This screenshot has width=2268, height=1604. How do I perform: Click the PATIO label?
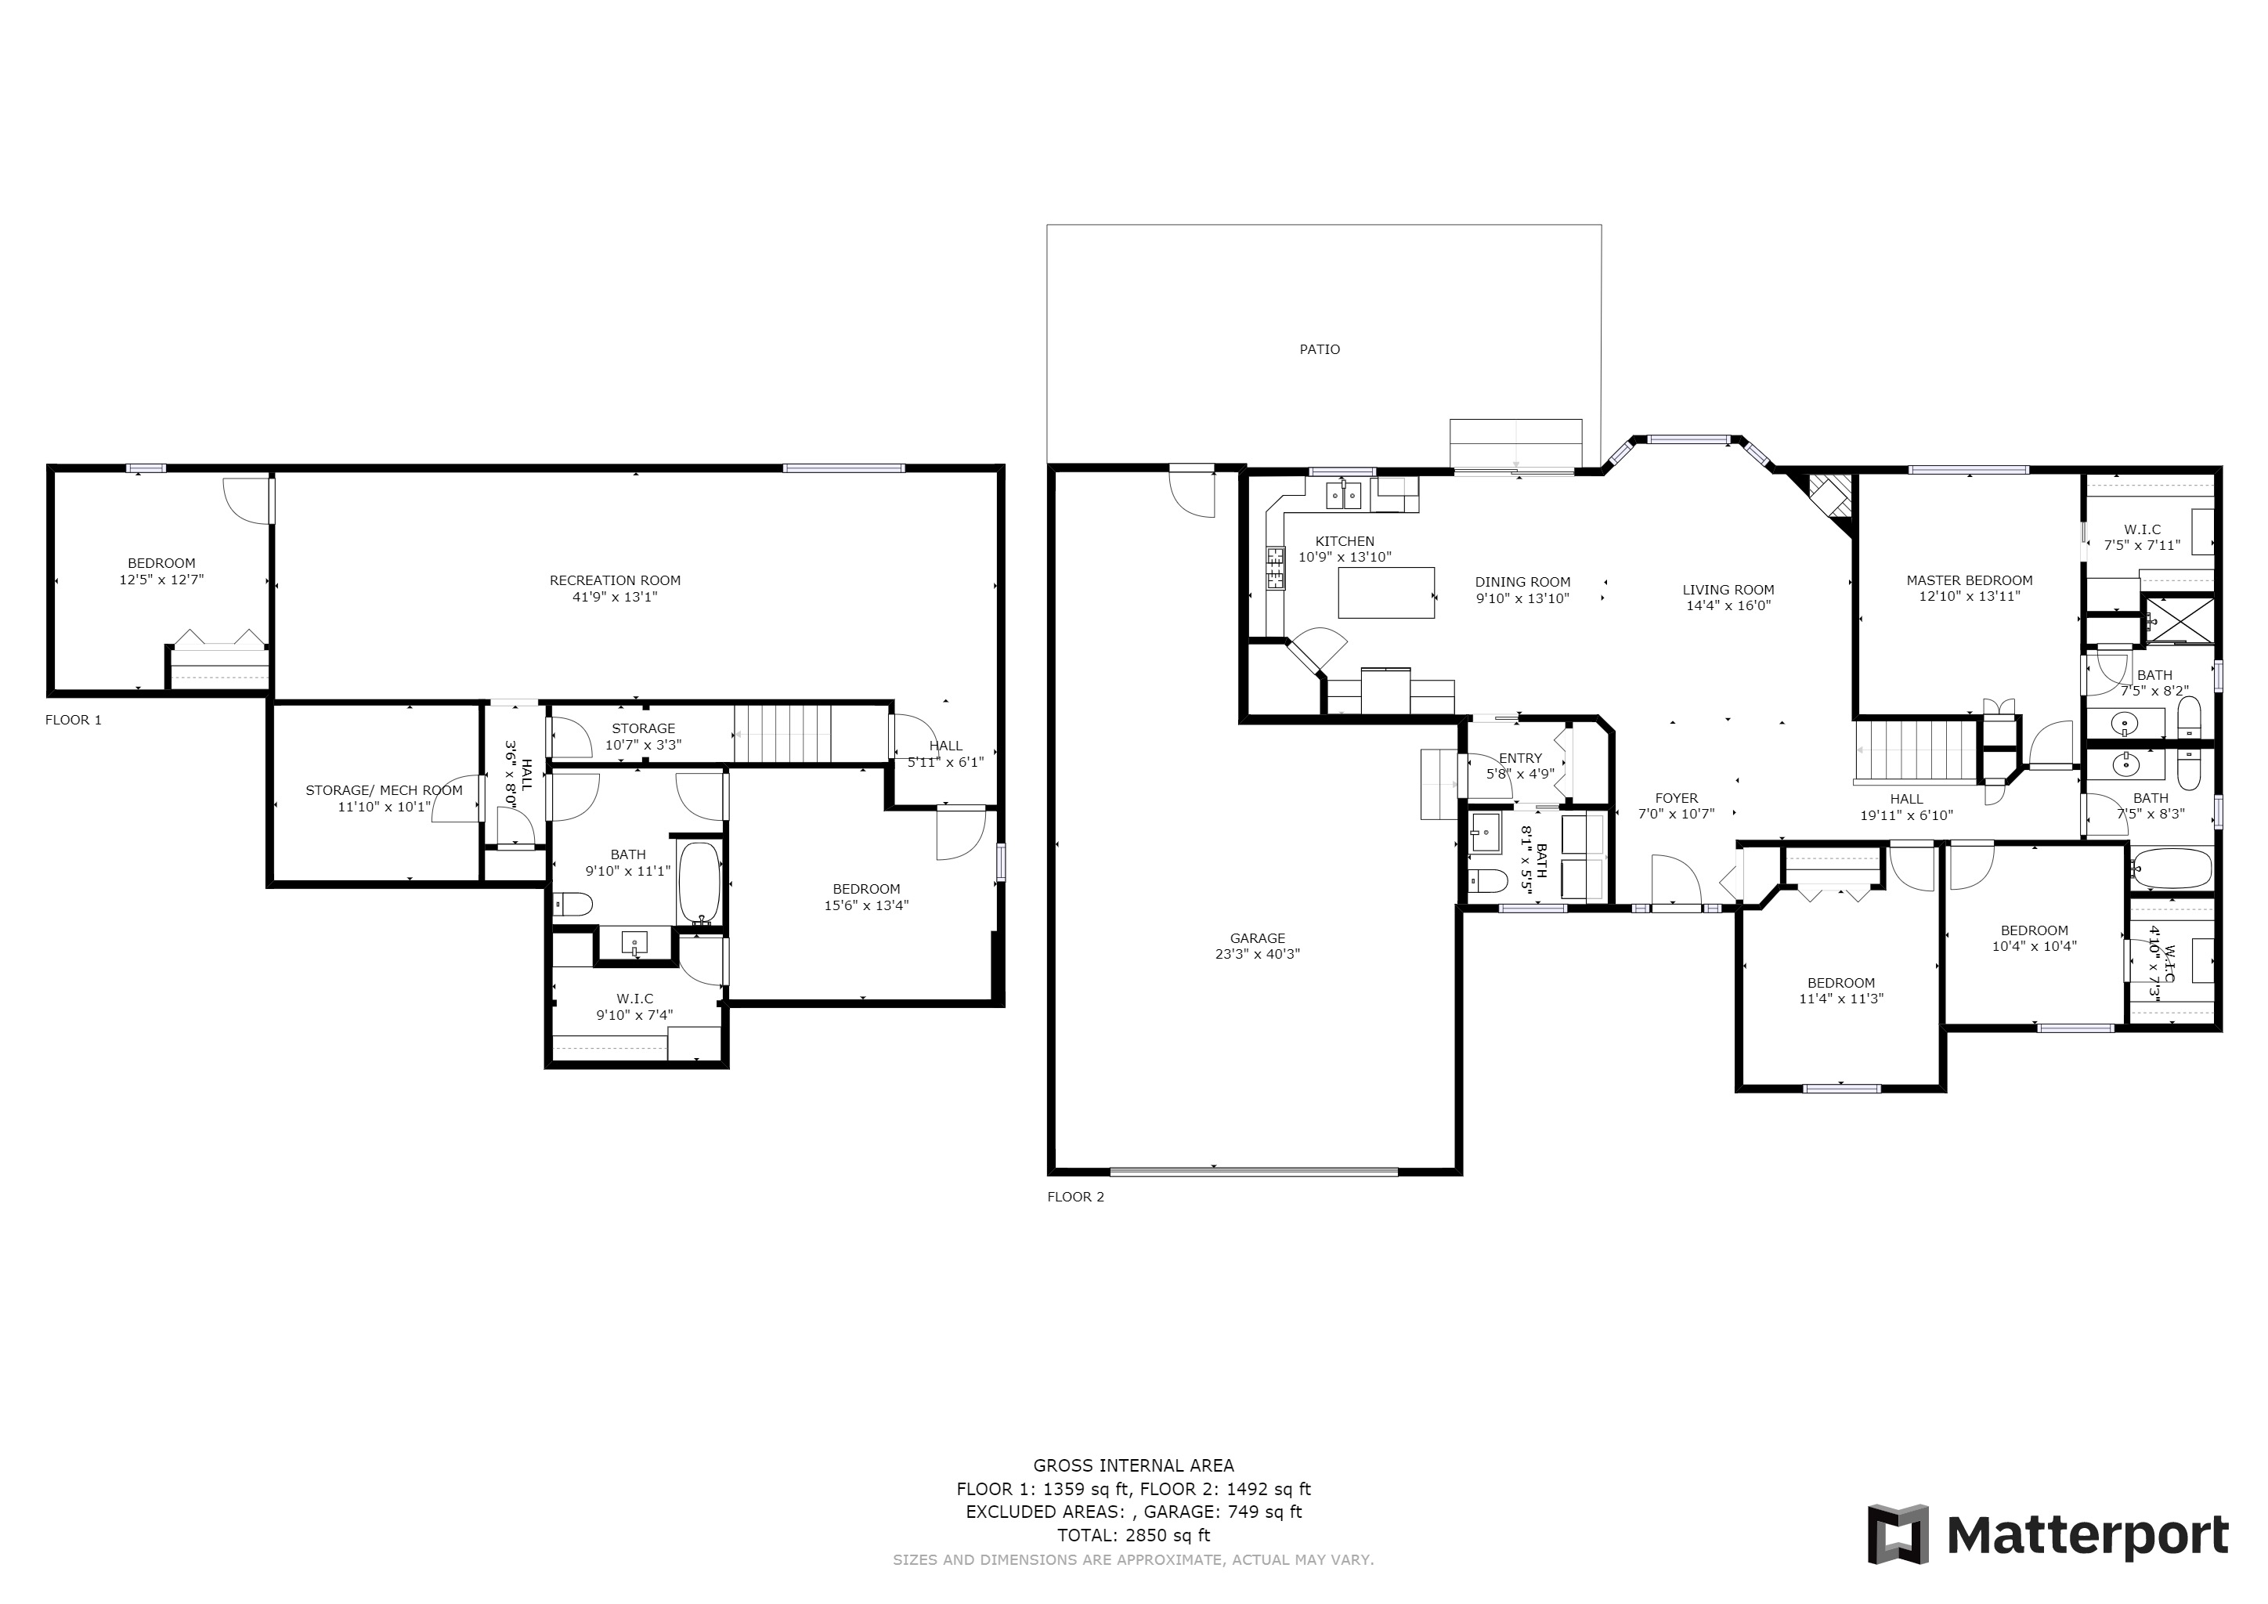(x=1320, y=349)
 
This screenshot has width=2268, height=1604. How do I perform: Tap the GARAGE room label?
(x=1258, y=938)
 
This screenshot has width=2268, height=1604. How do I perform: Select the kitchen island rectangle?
(x=1386, y=593)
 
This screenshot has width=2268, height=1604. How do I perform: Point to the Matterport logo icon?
(x=1898, y=1534)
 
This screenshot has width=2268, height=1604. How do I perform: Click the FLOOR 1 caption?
(x=73, y=720)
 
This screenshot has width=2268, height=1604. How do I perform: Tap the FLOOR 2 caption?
(x=1076, y=1197)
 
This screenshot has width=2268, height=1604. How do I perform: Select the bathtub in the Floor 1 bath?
(x=699, y=883)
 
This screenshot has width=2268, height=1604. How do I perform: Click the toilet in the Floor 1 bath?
(x=572, y=904)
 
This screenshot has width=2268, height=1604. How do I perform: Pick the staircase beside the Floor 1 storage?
(x=782, y=734)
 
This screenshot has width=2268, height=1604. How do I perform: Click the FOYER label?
(x=1676, y=798)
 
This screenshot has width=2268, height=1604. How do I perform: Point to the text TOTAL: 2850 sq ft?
(x=1133, y=1535)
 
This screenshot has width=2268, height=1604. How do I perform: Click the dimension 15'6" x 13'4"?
(x=866, y=905)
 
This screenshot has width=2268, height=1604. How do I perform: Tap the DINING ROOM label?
(x=1522, y=583)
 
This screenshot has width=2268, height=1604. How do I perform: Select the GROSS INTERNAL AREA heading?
(x=1133, y=1465)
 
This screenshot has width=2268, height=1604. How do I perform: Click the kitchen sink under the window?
(x=1343, y=495)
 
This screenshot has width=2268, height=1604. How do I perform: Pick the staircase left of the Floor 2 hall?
(x=1916, y=753)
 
